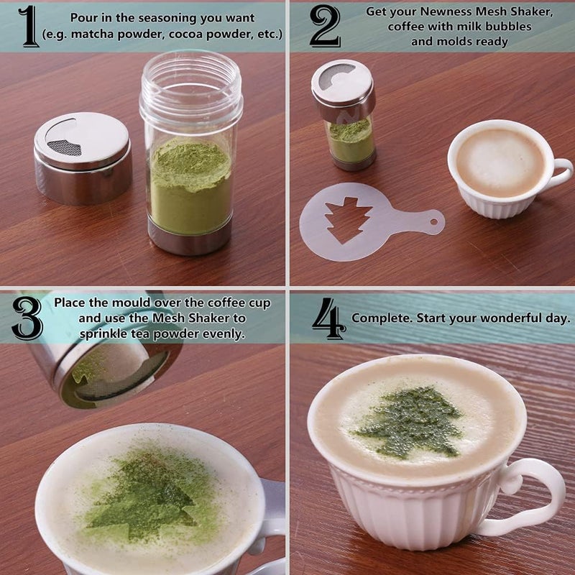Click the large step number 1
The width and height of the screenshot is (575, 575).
click(x=29, y=27)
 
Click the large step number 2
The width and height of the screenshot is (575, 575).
click(x=325, y=27)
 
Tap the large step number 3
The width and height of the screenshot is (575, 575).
click(x=27, y=318)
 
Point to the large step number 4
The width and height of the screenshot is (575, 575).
click(x=328, y=318)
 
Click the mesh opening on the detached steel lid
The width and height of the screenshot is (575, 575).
click(x=65, y=147)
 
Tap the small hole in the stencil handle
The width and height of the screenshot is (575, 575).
click(x=434, y=222)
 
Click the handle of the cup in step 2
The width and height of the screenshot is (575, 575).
click(x=561, y=173)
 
